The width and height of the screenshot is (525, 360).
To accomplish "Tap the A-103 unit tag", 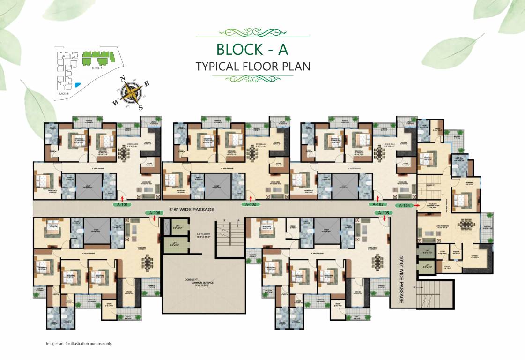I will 377,205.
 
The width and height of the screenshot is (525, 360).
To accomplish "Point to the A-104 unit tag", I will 403,205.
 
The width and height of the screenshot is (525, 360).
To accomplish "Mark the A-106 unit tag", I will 155,213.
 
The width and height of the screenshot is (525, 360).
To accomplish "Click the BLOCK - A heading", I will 252,49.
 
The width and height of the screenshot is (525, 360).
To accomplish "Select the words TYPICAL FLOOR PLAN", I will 253,66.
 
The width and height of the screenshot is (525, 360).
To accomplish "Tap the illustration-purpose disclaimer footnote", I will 79,344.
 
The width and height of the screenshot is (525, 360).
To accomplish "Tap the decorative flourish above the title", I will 252,32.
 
